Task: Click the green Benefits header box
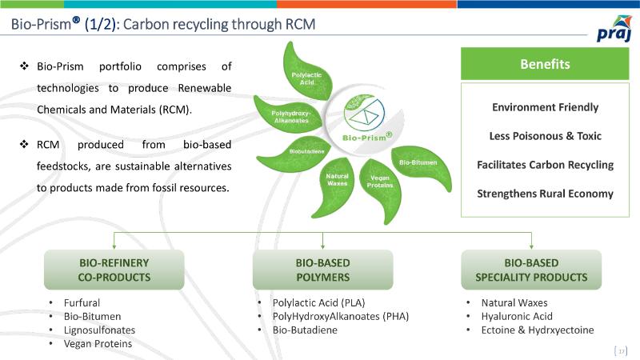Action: point(544,64)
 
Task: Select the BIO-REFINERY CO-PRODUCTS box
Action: point(114,270)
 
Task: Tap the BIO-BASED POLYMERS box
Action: point(322,270)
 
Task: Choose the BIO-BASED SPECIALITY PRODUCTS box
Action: point(531,270)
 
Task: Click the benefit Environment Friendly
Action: point(545,107)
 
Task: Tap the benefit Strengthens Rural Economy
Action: point(545,194)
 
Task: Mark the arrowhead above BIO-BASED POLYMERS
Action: point(322,246)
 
